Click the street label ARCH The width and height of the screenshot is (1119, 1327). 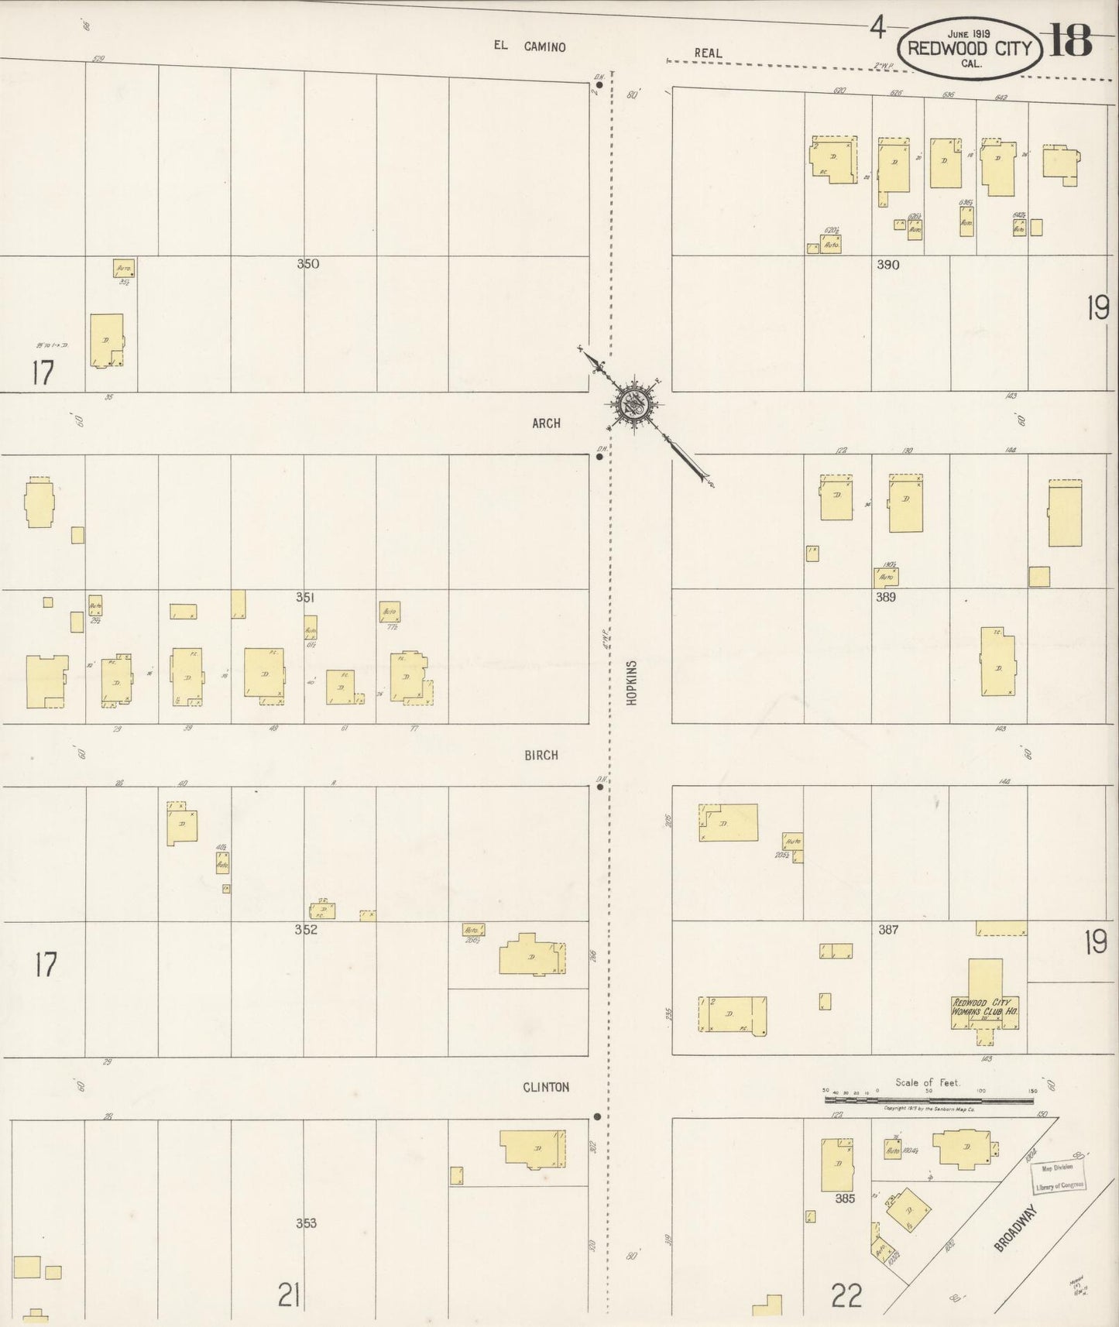click(x=546, y=423)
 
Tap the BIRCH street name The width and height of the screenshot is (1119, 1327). click(x=541, y=755)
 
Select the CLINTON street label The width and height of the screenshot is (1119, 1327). click(x=546, y=1087)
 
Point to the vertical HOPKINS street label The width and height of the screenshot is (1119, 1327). click(x=632, y=682)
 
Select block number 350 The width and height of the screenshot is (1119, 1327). click(x=308, y=263)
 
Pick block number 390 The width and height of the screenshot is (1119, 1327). click(x=887, y=265)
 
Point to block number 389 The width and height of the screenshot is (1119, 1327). click(x=885, y=597)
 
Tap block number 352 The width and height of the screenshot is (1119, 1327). click(x=306, y=929)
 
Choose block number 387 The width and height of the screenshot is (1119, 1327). click(x=887, y=929)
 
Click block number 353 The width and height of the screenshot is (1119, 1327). click(x=307, y=1223)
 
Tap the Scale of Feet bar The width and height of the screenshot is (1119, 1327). click(x=930, y=1099)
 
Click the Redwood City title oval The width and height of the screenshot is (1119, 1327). click(x=970, y=48)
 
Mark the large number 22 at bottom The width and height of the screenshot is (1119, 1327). click(x=846, y=1294)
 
